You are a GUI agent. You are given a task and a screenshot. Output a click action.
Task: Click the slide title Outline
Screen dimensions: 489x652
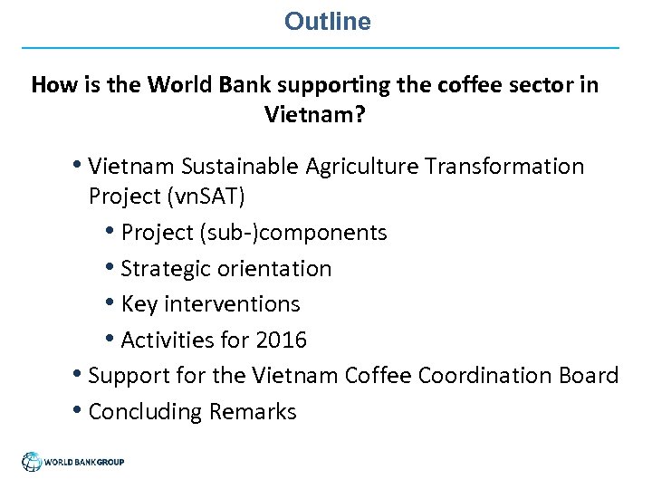pos(327,22)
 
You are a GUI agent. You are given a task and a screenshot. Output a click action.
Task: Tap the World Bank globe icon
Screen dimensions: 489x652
pos(33,462)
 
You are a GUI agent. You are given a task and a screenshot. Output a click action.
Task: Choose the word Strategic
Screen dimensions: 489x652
pos(163,269)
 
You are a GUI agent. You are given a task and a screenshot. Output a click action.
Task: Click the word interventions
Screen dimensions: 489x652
pos(230,304)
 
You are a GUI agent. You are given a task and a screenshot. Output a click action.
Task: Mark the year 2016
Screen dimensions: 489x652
pos(281,340)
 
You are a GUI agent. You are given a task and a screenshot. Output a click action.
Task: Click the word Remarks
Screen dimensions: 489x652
pos(253,412)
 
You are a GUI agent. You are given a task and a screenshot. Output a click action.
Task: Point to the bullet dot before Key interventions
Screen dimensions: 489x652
pos(110,303)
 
